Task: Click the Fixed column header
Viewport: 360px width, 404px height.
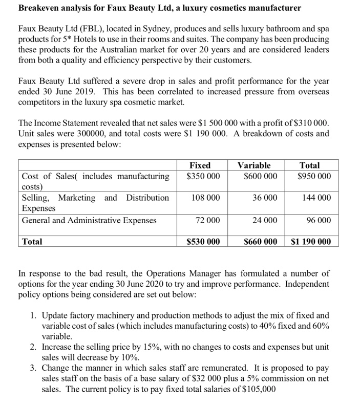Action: point(200,165)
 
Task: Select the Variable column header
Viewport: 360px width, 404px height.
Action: point(255,165)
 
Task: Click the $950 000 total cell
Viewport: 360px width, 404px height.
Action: point(314,176)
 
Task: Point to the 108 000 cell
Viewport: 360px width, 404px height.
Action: point(206,198)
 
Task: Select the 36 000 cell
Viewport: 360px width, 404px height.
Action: point(265,198)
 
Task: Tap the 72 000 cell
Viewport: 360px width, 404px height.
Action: point(208,220)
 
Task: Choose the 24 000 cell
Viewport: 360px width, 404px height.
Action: point(265,220)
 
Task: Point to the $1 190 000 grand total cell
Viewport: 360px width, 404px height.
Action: point(310,241)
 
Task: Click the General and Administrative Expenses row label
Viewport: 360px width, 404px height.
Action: point(89,220)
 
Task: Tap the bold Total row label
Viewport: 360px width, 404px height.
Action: point(32,241)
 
